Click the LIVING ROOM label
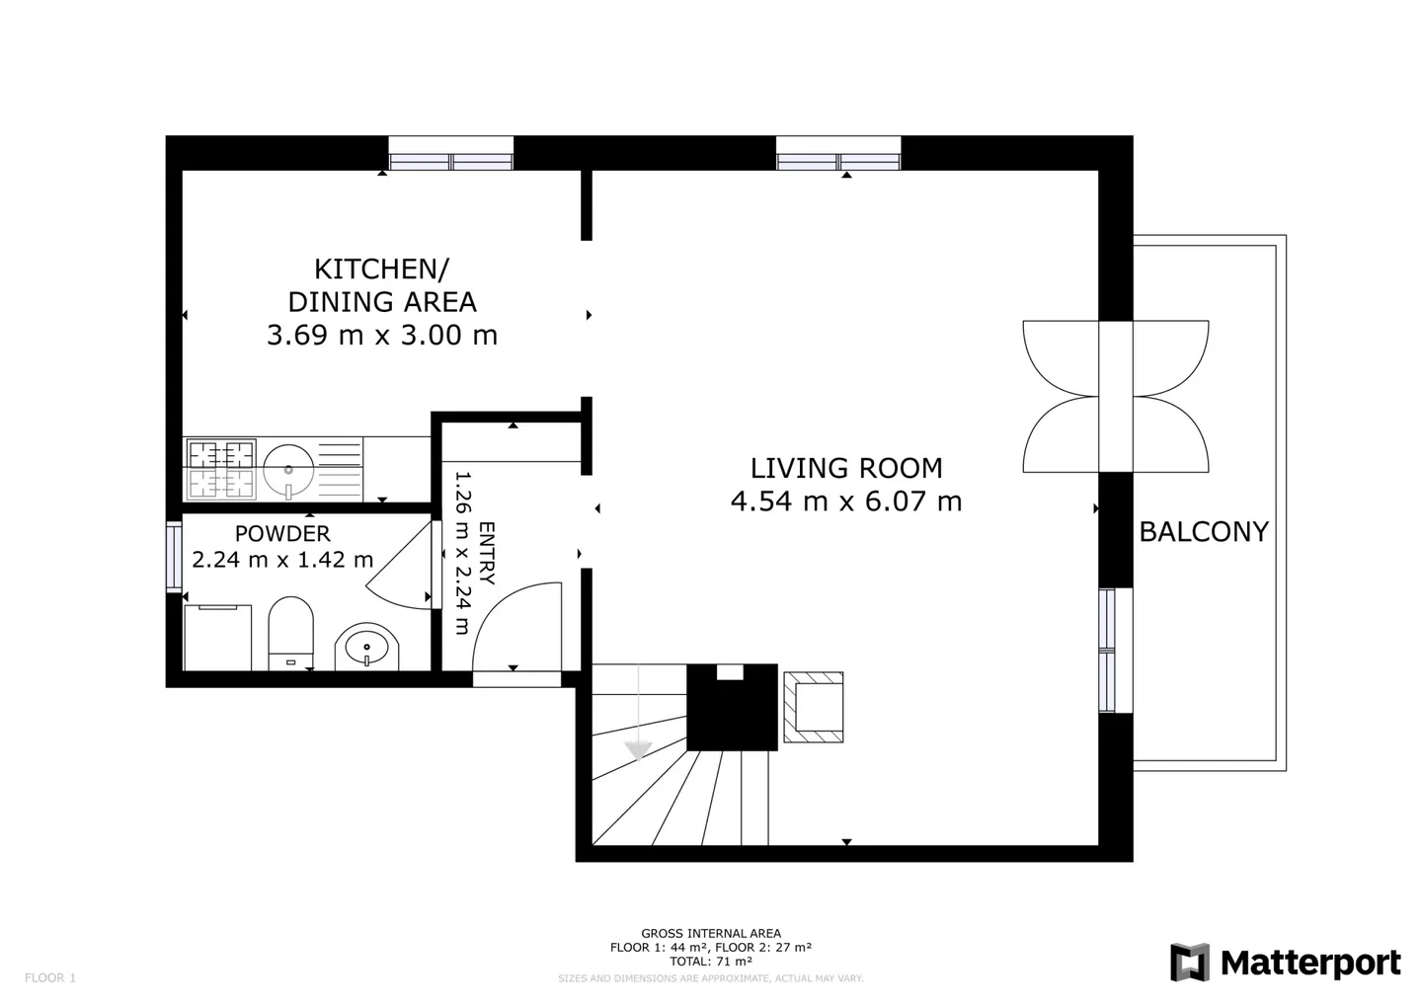846,468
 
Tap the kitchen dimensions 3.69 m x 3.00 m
382,336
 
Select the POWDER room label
282,534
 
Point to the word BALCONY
1203,532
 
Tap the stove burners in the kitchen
221,469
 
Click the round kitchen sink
288,469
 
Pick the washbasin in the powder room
367,648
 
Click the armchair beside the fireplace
814,707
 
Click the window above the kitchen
451,154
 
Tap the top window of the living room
838,154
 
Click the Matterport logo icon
1190,963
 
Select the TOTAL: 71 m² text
711,961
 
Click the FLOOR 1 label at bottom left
50,978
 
